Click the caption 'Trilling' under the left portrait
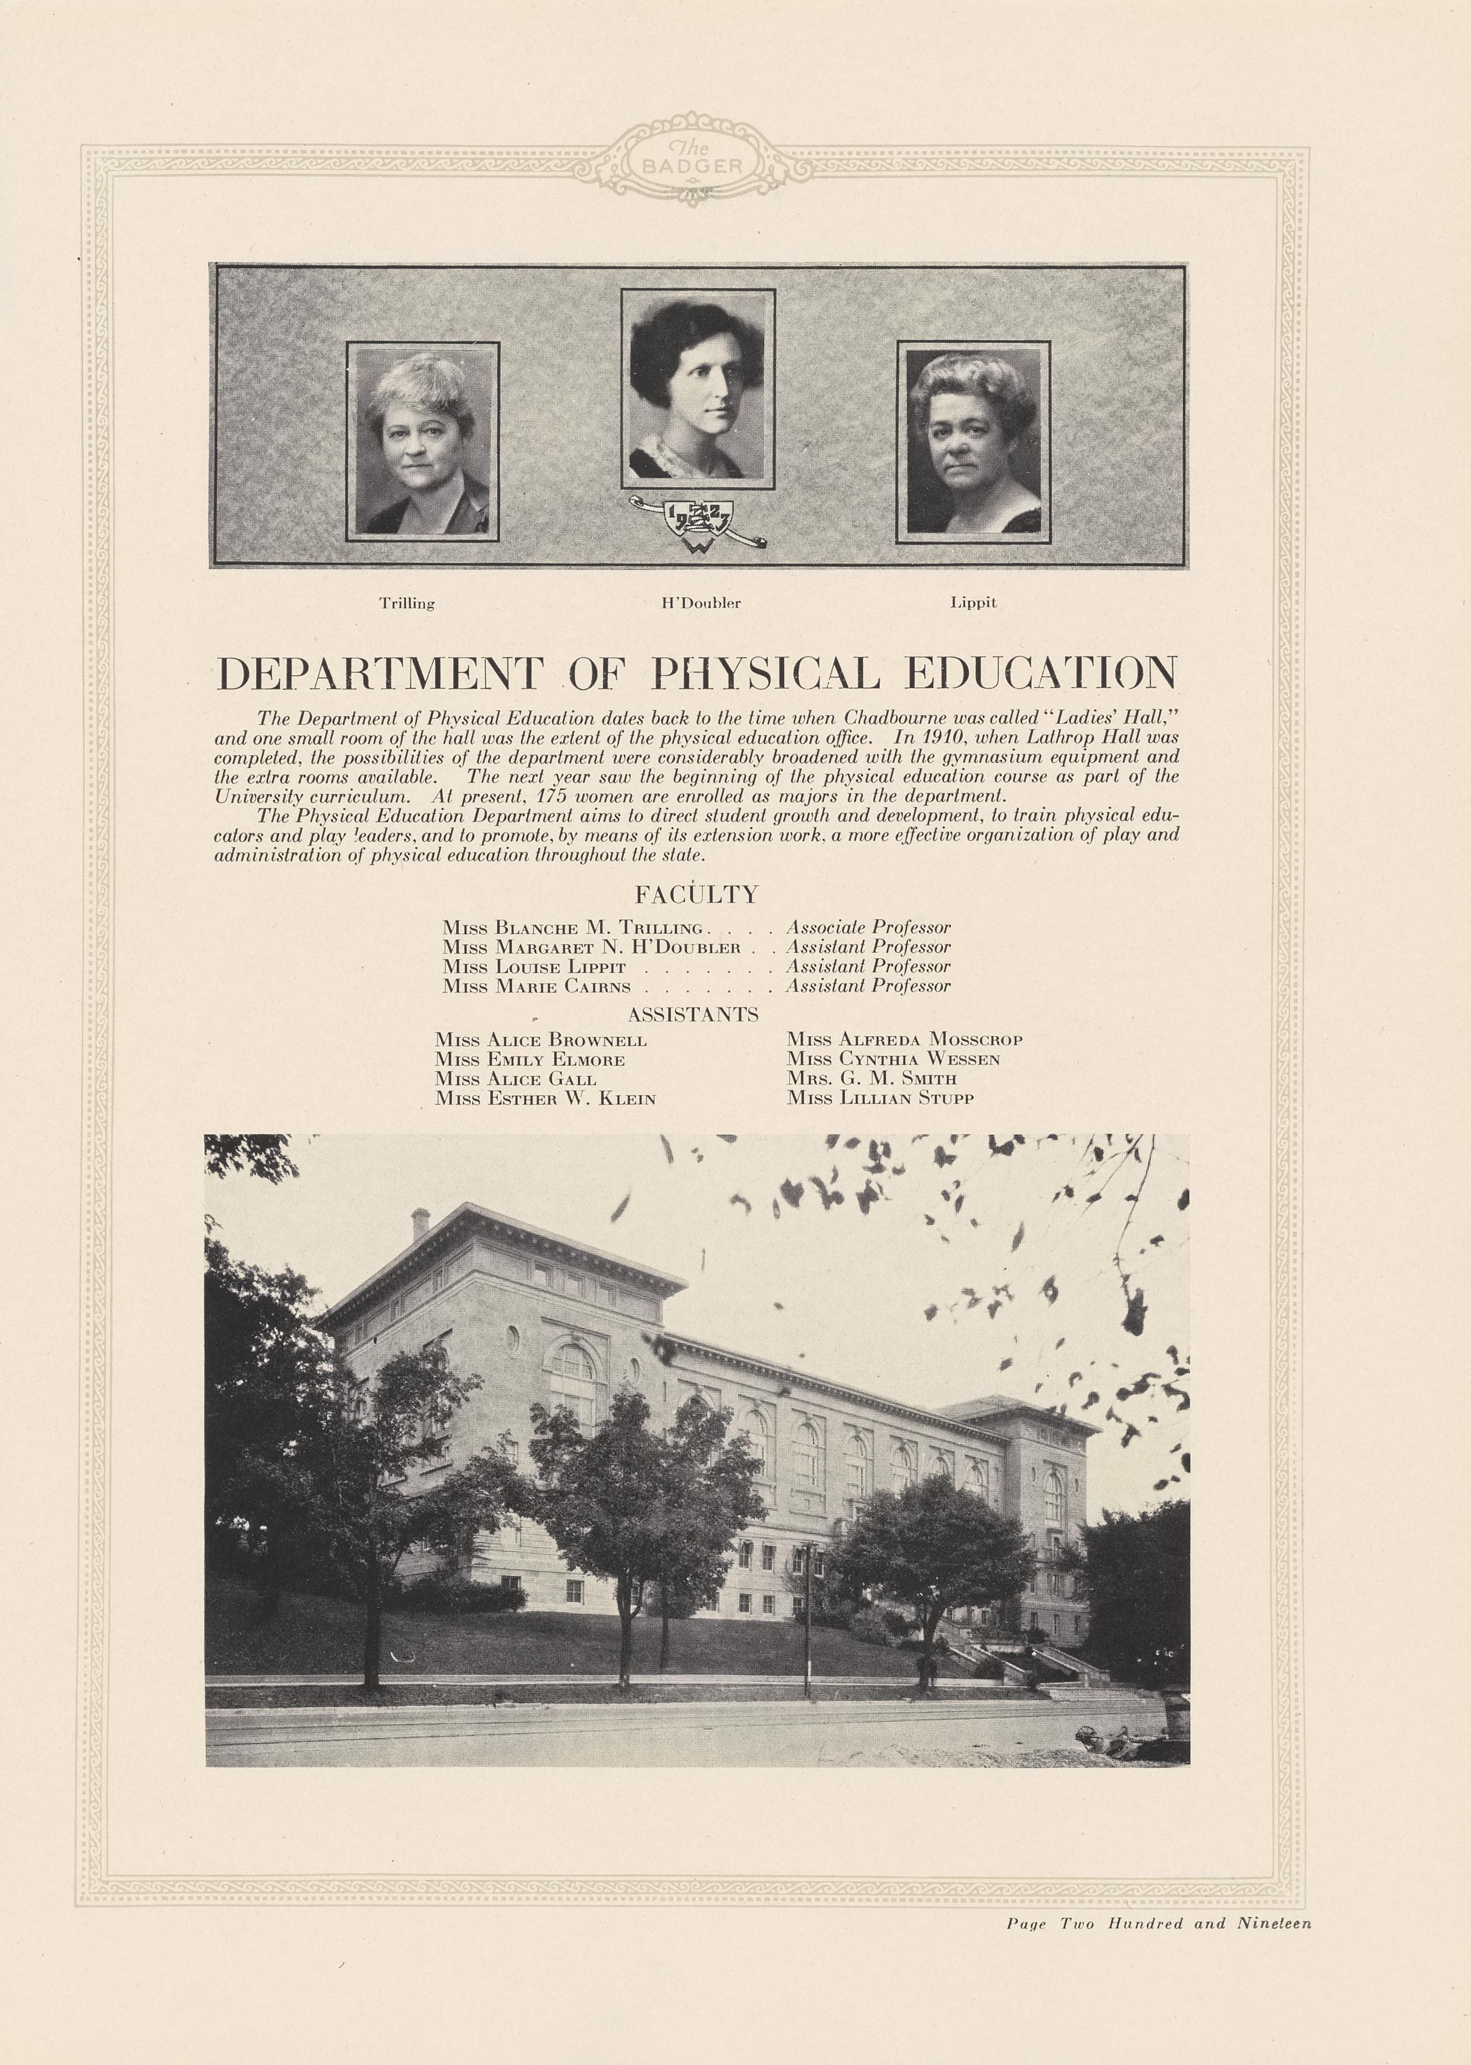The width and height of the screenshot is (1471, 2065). click(x=407, y=603)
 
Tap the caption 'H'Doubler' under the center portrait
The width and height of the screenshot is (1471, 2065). click(x=701, y=603)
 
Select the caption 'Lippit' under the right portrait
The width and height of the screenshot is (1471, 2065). click(x=973, y=602)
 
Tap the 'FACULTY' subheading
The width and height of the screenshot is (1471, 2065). click(x=696, y=895)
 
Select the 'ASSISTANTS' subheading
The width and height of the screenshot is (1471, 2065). click(x=693, y=1014)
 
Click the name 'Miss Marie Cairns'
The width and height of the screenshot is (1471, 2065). click(x=536, y=986)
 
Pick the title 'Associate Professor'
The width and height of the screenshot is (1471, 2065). click(x=868, y=927)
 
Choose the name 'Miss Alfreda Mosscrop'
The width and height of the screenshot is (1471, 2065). click(x=904, y=1040)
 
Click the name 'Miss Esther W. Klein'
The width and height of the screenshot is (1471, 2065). click(x=545, y=1099)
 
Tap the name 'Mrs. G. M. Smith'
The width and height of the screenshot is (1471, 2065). click(x=871, y=1079)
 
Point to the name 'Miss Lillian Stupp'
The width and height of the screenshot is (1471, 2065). click(x=880, y=1099)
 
